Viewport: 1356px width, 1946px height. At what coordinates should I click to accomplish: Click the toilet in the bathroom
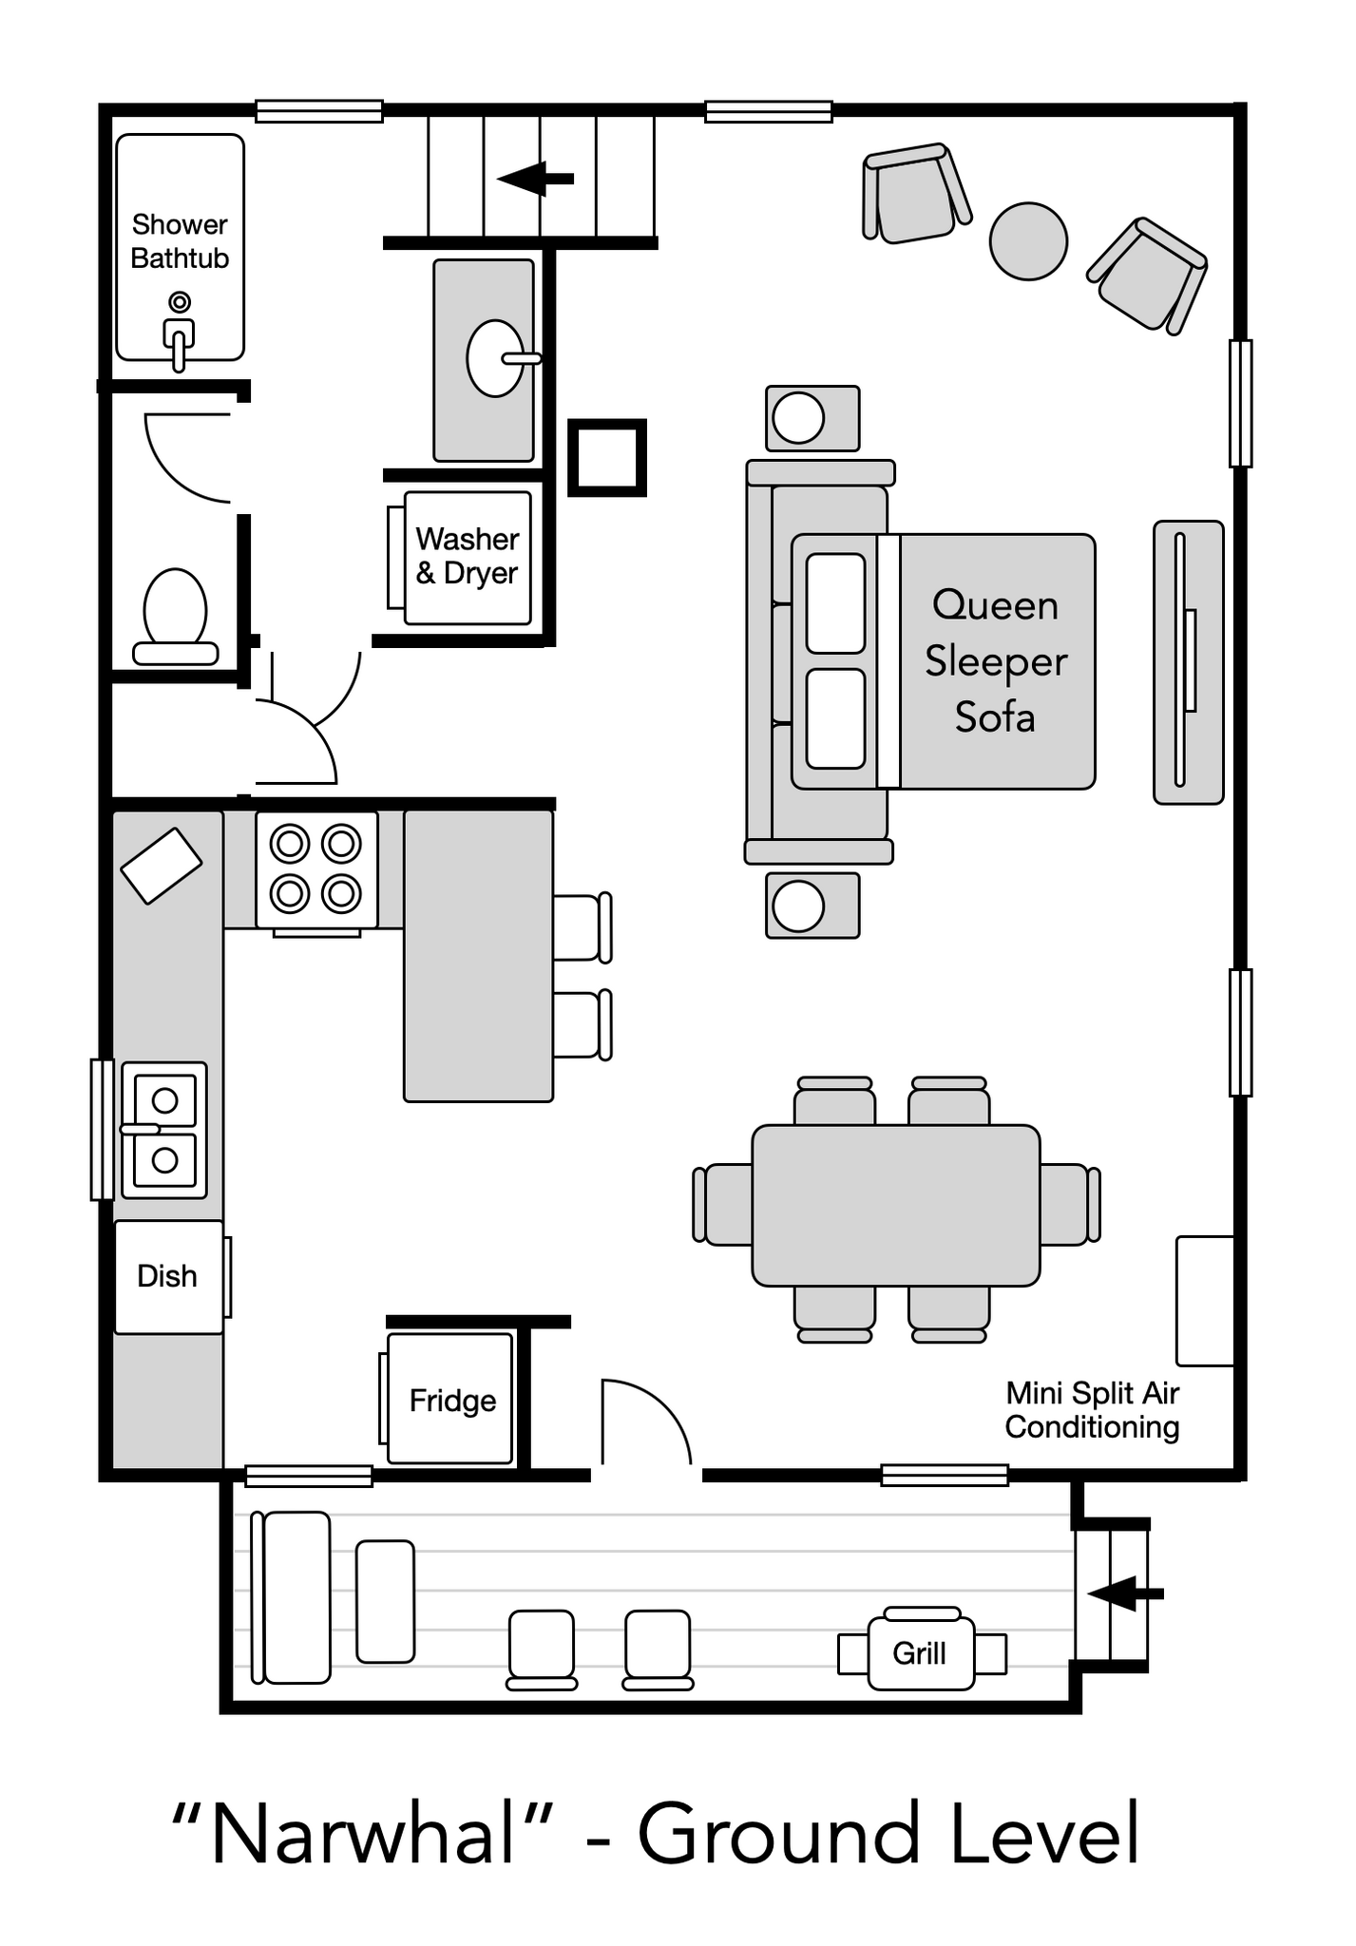(x=175, y=616)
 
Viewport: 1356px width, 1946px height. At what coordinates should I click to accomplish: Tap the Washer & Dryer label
(x=467, y=556)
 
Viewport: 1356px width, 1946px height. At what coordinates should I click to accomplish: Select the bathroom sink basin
(x=494, y=358)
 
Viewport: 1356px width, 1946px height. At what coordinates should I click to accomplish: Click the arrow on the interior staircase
(x=535, y=178)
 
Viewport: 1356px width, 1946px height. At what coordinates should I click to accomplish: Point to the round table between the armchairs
(x=1028, y=241)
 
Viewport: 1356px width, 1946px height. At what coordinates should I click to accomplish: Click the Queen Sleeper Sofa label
(x=996, y=661)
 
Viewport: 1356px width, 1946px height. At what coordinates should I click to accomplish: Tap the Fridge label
(x=452, y=1401)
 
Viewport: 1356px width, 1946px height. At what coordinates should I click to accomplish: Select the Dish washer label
(x=167, y=1276)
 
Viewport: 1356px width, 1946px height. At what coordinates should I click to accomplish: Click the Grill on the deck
(x=921, y=1653)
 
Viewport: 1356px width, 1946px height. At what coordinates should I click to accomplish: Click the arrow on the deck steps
(x=1125, y=1593)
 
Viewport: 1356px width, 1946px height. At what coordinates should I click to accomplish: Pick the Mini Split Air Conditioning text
(x=1093, y=1410)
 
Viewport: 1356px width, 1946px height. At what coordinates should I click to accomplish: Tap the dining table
(x=896, y=1205)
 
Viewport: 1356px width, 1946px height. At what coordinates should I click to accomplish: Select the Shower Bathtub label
(x=180, y=241)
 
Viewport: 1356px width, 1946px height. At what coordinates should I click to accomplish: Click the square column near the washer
(x=607, y=458)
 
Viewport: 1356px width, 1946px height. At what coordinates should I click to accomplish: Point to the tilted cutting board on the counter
(x=162, y=867)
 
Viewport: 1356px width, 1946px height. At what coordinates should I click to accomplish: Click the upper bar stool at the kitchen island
(x=582, y=927)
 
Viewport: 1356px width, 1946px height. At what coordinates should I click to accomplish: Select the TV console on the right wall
(x=1188, y=662)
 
